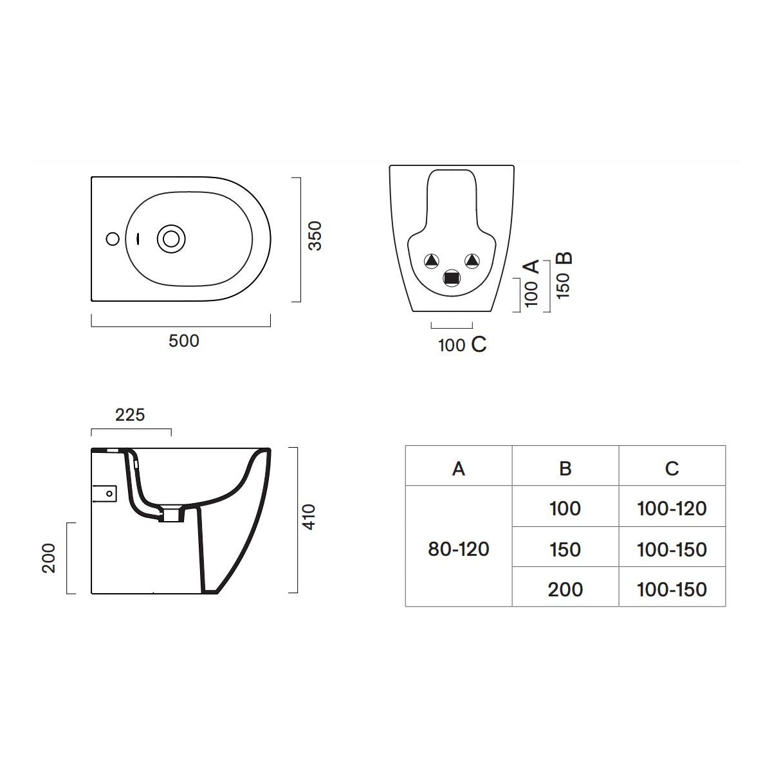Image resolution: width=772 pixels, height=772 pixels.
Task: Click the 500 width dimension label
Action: point(184,341)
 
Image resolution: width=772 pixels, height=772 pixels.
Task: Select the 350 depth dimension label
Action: point(315,236)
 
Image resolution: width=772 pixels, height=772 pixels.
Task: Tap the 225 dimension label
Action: point(130,415)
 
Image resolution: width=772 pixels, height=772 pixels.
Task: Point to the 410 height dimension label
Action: point(309,517)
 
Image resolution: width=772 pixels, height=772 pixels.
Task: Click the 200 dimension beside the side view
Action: point(49,558)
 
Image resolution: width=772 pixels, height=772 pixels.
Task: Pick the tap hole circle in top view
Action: point(113,239)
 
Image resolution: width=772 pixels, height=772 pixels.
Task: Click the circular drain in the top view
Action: point(171,239)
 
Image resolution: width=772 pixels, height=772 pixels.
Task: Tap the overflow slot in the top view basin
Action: point(138,239)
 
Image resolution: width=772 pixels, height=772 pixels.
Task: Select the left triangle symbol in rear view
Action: point(432,261)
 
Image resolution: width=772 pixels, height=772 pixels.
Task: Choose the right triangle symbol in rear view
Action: point(472,261)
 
